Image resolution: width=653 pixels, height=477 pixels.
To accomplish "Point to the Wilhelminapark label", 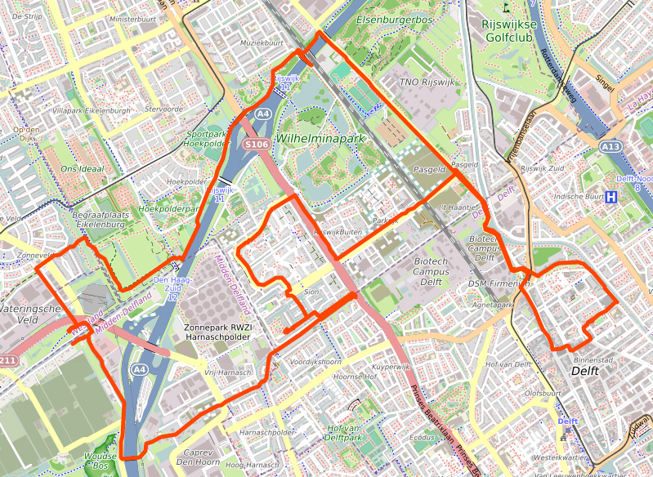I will coord(320,139).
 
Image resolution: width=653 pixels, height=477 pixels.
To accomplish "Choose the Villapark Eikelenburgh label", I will coord(91,109).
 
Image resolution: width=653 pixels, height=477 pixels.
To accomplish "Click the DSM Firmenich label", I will coord(499,283).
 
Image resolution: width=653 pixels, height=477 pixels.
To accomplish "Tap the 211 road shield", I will coord(7,360).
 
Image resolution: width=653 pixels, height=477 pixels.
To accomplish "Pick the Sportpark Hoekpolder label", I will coord(206,138).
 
